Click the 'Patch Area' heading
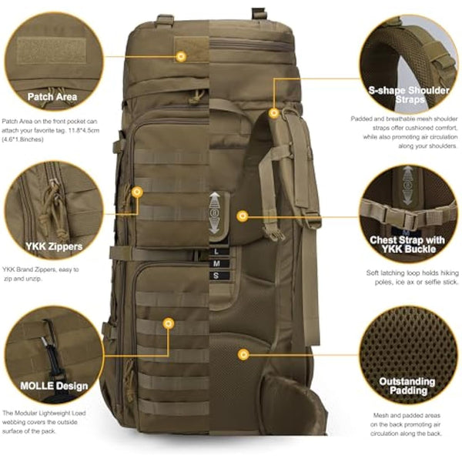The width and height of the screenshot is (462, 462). pos(52,97)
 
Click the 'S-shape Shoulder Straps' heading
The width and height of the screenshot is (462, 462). pos(409,95)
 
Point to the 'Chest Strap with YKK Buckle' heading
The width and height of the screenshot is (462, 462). pos(409,244)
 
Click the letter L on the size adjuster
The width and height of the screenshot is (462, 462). pos(216,252)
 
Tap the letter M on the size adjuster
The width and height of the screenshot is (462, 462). pos(216,263)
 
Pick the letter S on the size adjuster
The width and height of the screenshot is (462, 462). pos(216,275)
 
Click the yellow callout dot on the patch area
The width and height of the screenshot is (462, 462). pos(181,56)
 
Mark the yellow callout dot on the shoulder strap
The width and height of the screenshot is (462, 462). pos(274,113)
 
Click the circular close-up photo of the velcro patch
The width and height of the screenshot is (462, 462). pos(52,50)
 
